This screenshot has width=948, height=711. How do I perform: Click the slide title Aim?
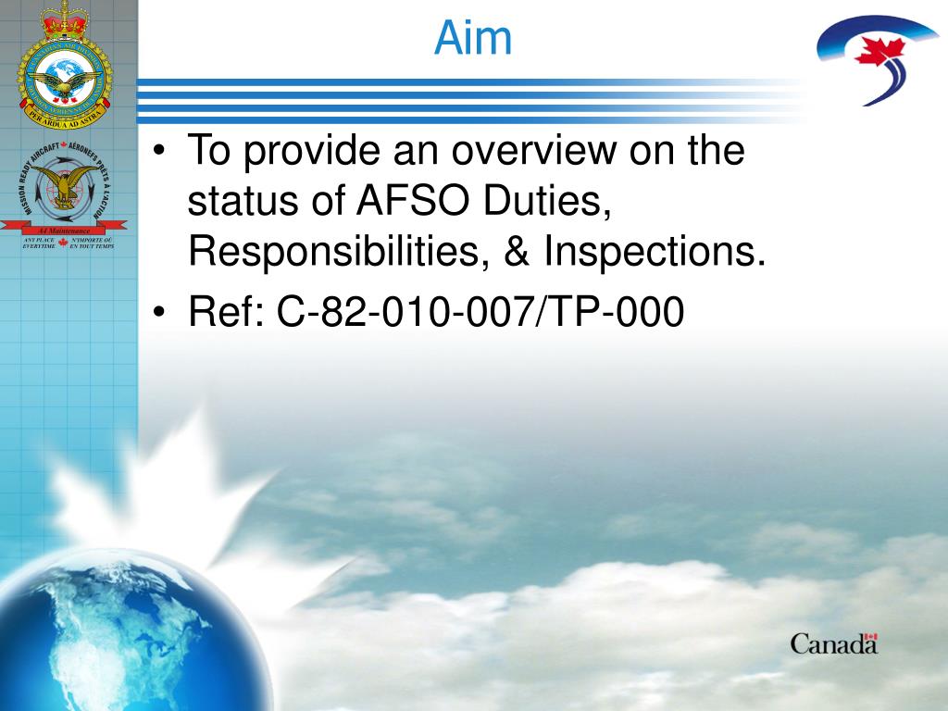(473, 38)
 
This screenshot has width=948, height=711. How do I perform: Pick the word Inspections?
(655, 252)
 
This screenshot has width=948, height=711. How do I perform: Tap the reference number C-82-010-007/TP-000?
(480, 313)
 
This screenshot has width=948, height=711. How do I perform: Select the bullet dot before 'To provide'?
(161, 151)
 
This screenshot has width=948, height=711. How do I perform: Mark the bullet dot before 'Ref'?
(161, 314)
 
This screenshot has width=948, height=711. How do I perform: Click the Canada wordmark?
(833, 643)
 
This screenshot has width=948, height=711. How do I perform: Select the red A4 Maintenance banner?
(64, 229)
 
